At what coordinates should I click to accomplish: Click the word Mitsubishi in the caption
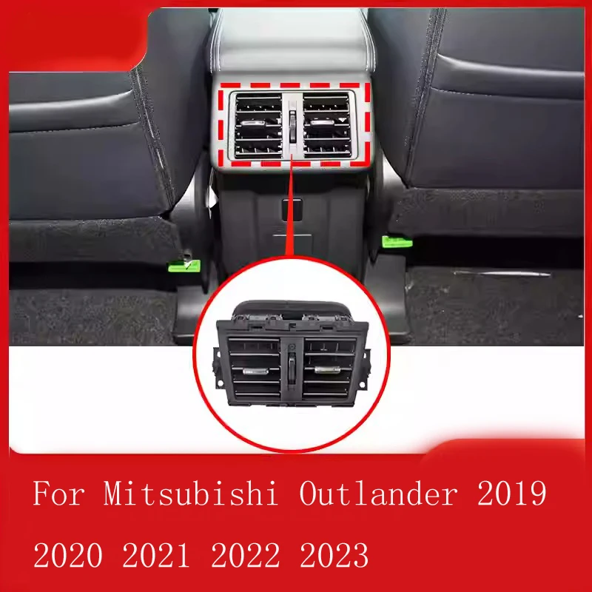pos(192,494)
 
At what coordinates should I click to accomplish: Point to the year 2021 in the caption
pos(170,554)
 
